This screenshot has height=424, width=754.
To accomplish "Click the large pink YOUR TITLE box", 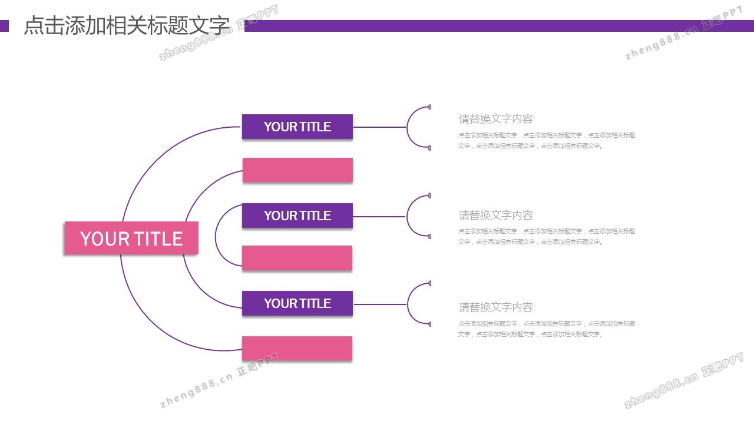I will [131, 238].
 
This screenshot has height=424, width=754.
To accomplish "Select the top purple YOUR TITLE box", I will [297, 127].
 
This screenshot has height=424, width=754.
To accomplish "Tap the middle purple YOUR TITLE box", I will [297, 216].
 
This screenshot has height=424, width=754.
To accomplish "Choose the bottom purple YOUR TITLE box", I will [297, 303].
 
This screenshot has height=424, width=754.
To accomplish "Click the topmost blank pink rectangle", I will [297, 170].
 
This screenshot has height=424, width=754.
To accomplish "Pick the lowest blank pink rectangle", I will [297, 349].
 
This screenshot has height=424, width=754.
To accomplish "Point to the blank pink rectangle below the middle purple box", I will [297, 258].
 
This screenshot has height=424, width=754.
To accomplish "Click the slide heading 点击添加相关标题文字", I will [126, 26].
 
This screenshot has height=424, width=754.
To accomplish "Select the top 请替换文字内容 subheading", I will [496, 119].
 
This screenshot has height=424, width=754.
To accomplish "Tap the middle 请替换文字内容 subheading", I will [496, 216].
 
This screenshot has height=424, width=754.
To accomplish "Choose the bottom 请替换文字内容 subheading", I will [496, 307].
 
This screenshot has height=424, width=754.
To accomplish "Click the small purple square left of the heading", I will [4, 26].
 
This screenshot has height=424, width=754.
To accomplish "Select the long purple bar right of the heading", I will [498, 26].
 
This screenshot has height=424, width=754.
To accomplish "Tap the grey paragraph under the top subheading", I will [547, 141].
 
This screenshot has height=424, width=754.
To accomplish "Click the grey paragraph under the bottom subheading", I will [547, 329].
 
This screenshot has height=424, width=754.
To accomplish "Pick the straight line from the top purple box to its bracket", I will [379, 127].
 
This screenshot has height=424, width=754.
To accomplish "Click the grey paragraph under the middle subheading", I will [547, 237].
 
